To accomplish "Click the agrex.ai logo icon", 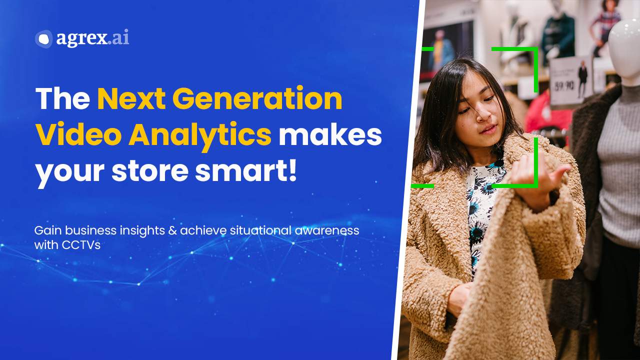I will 43,39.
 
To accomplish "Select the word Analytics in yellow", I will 199,135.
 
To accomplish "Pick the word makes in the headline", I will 330,135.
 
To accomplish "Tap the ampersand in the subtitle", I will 172,231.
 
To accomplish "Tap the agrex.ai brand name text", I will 92,38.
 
